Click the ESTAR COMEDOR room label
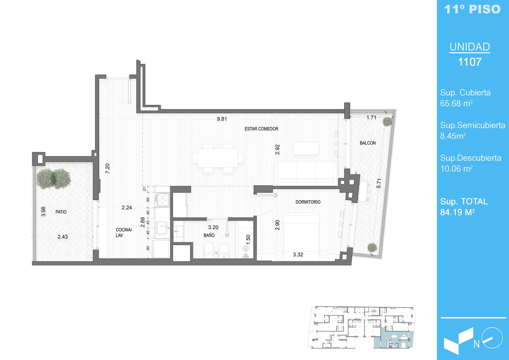click(261, 129)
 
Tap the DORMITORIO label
click(308, 202)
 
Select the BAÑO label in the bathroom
click(209, 235)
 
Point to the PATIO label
click(61, 212)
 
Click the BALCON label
click(368, 143)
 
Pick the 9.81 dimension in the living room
click(222, 119)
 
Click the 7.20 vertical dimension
click(108, 168)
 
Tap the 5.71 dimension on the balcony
click(379, 183)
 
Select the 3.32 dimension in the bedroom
click(298, 255)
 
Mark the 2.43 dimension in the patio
click(62, 237)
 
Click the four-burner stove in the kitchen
click(163, 200)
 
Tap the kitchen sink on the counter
click(162, 228)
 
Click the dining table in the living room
click(218, 158)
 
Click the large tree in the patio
click(54, 179)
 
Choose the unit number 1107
click(470, 62)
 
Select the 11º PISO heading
click(472, 9)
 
